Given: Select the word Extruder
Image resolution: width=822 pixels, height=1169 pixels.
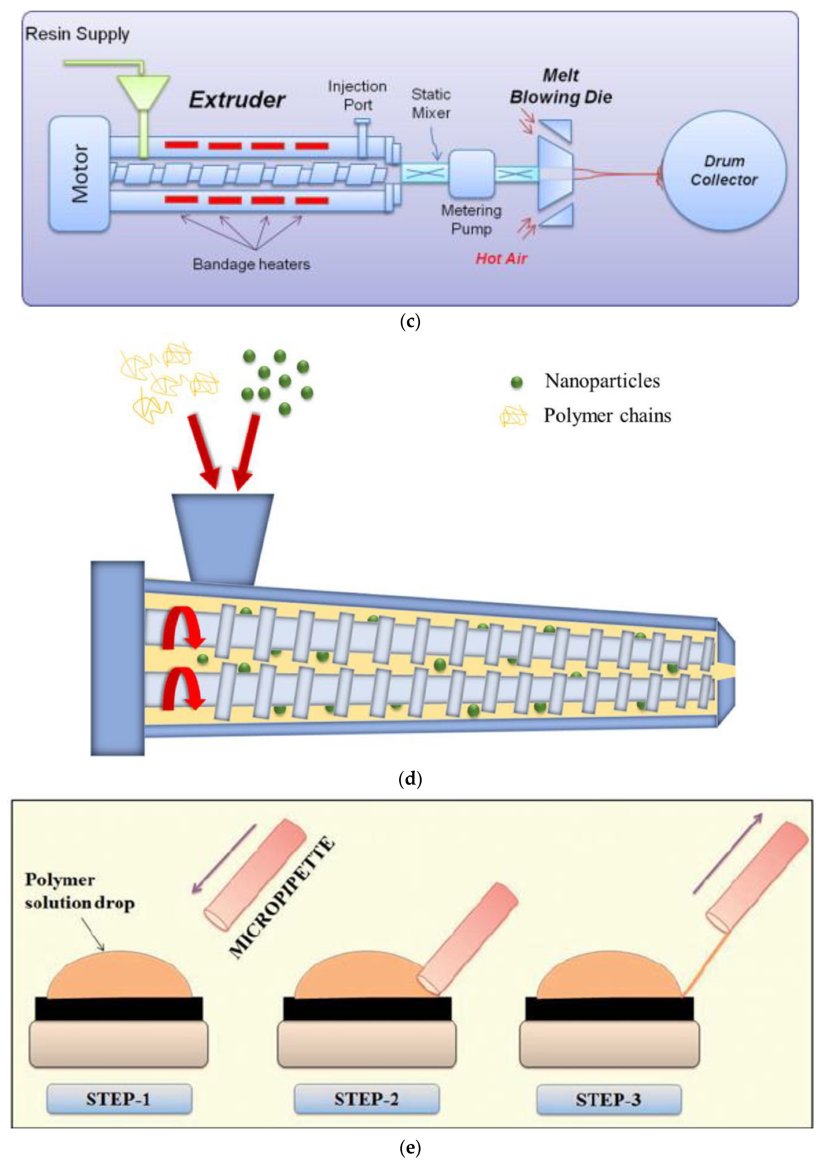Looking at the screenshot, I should click(x=237, y=100).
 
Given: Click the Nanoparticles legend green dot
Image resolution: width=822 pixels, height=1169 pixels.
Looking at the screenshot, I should click(x=516, y=382).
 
